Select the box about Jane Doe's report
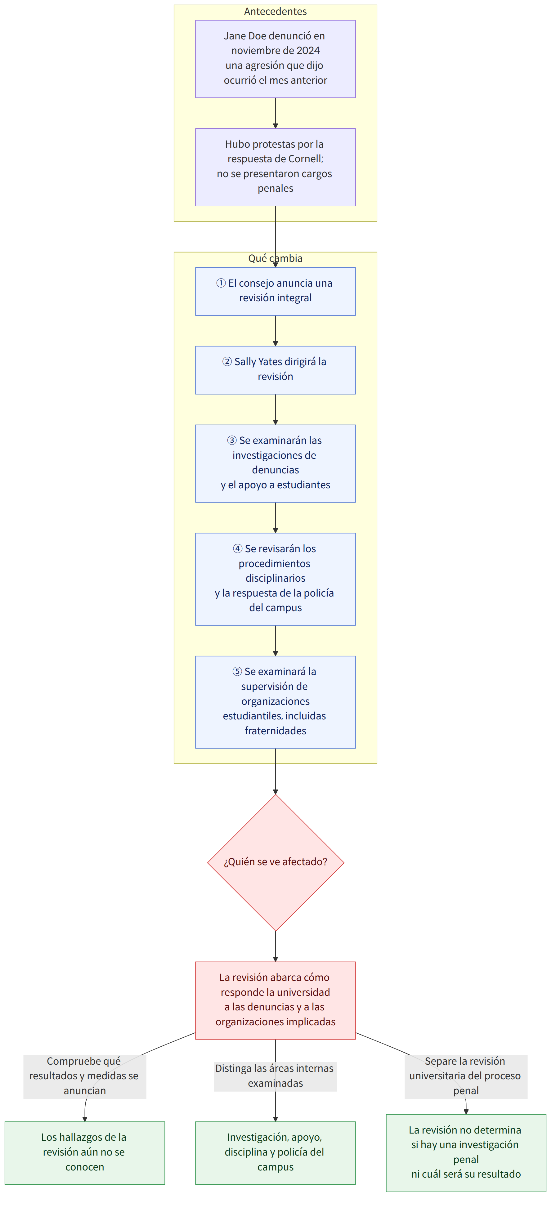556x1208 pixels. tap(276, 59)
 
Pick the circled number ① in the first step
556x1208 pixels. tap(221, 283)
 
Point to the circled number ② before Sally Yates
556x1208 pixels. tap(227, 361)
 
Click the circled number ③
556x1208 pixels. tap(232, 440)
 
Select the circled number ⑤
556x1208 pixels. tap(237, 672)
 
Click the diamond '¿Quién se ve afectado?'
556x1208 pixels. tap(276, 863)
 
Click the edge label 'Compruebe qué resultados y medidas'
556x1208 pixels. tap(84, 1076)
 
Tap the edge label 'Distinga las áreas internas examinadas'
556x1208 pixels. tap(276, 1076)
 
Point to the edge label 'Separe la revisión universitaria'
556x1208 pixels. tap(466, 1076)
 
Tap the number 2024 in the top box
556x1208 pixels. tap(308, 51)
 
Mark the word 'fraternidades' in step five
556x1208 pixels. tap(276, 731)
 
